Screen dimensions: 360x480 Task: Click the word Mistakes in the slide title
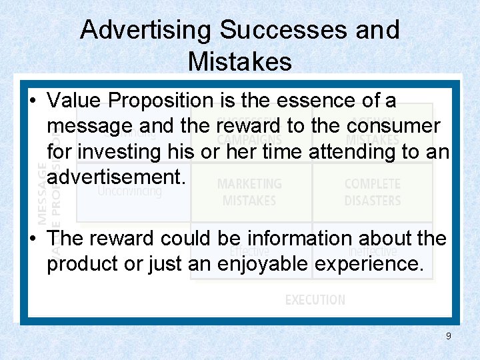[240, 61]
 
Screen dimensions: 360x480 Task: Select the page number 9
[449, 336]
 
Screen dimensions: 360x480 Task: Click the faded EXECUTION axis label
[315, 300]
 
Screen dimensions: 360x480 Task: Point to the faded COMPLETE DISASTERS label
[373, 192]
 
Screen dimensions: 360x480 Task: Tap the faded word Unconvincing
[129, 191]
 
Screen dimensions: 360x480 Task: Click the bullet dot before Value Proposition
[33, 101]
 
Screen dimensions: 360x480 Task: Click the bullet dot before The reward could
[33, 239]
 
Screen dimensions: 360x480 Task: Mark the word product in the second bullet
[83, 264]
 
